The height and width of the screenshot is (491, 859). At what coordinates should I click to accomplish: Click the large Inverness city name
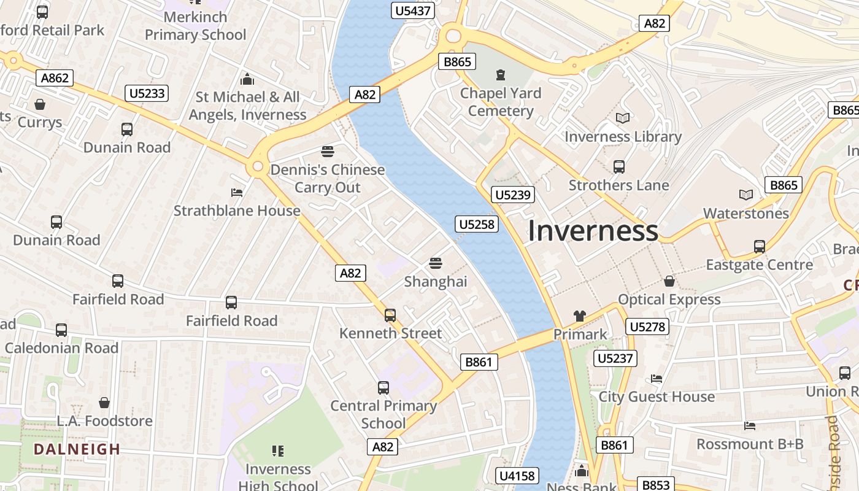pyautogui.click(x=593, y=231)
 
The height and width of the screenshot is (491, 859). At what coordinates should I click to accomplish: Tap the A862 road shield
pyautogui.click(x=55, y=78)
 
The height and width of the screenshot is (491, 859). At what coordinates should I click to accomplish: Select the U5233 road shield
pyautogui.click(x=147, y=93)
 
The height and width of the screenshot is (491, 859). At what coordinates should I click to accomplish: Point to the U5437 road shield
pyautogui.click(x=413, y=10)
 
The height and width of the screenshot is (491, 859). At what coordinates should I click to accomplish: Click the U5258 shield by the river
pyautogui.click(x=477, y=224)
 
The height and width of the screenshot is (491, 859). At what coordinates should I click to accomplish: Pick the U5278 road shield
pyautogui.click(x=647, y=327)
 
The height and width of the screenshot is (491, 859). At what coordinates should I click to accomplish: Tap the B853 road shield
pyautogui.click(x=655, y=485)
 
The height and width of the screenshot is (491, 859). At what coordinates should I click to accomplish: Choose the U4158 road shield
pyautogui.click(x=518, y=476)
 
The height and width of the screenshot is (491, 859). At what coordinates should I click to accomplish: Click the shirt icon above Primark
pyautogui.click(x=580, y=316)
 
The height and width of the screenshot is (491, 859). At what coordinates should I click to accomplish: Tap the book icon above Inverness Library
pyautogui.click(x=623, y=118)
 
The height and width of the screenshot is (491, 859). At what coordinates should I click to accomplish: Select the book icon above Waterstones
pyautogui.click(x=746, y=195)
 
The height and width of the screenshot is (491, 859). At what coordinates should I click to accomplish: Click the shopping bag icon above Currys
pyautogui.click(x=40, y=104)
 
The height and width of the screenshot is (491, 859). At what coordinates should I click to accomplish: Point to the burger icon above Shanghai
pyautogui.click(x=436, y=263)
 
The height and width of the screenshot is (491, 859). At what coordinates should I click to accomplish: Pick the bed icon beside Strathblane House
pyautogui.click(x=237, y=192)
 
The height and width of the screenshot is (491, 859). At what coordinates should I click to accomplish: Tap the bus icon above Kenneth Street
pyautogui.click(x=390, y=315)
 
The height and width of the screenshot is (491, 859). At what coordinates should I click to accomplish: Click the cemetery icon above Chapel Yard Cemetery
pyautogui.click(x=501, y=75)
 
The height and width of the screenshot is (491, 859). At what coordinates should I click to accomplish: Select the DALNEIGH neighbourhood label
pyautogui.click(x=77, y=449)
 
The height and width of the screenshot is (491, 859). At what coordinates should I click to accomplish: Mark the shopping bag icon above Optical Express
pyautogui.click(x=669, y=280)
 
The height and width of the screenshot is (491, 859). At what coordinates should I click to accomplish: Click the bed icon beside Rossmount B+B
pyautogui.click(x=749, y=425)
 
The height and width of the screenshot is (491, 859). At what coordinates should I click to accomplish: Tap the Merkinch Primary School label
pyautogui.click(x=195, y=26)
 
